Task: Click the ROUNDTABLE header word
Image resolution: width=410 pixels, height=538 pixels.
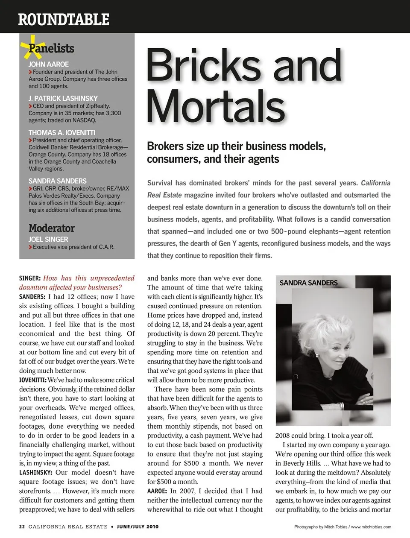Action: (64, 19)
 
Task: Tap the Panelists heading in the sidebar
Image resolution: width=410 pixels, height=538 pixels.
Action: (52, 48)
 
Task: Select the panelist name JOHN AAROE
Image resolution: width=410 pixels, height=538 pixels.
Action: (49, 64)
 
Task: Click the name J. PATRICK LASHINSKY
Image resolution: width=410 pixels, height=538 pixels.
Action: (63, 98)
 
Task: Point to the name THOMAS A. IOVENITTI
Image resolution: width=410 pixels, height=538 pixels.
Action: (62, 132)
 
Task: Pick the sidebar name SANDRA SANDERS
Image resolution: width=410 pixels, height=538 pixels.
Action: (58, 181)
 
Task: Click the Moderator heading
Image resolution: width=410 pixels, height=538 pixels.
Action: (52, 228)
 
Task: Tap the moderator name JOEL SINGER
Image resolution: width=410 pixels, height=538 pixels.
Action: (48, 239)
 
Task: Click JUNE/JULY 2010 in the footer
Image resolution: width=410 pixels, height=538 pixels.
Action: (138, 526)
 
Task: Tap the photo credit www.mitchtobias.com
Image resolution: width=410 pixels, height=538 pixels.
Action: (371, 527)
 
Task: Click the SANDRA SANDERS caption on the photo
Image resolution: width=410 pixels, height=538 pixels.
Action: (308, 283)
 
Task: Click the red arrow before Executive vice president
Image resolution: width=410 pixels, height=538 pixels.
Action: (31, 247)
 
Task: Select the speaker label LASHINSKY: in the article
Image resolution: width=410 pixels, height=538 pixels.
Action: (36, 472)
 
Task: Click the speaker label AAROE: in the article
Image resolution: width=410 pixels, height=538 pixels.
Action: (157, 491)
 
